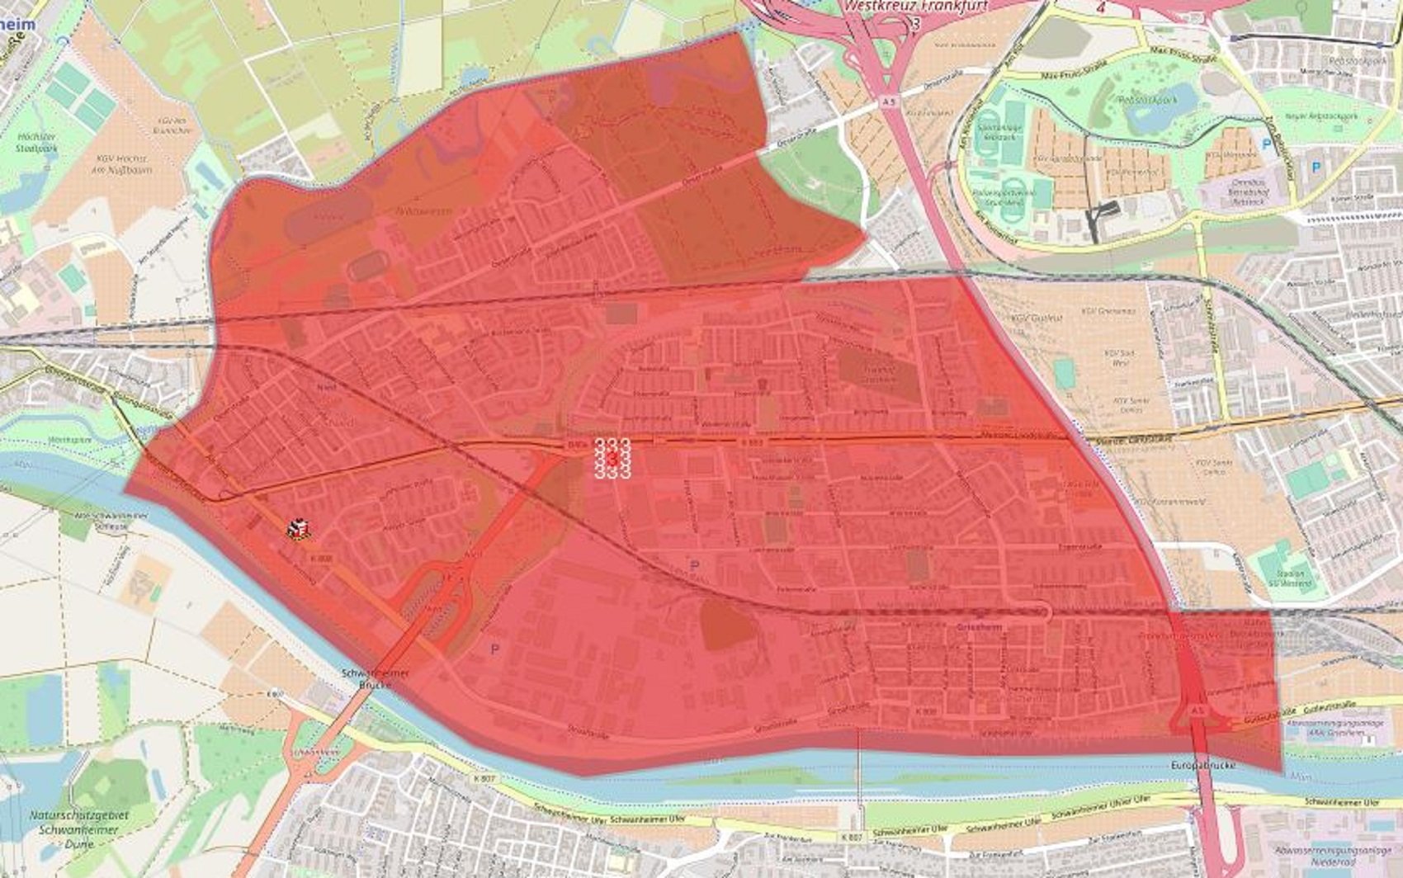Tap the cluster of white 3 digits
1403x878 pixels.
tap(612, 458)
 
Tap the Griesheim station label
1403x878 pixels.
tap(977, 627)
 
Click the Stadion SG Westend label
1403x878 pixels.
tap(1289, 578)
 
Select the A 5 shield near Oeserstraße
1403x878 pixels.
tap(887, 101)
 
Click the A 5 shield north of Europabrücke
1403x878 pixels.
tap(1198, 710)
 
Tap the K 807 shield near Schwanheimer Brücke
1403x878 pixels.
tap(276, 694)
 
